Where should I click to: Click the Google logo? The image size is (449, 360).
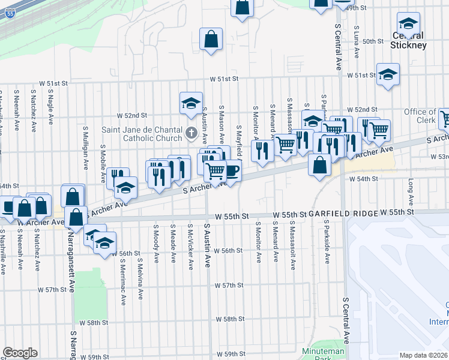coord(20,352)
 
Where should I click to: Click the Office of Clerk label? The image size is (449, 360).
coord(420,116)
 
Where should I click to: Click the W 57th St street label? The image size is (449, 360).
coord(229,285)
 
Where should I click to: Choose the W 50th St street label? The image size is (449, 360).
coord(373,41)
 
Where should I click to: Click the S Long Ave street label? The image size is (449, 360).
coord(412,191)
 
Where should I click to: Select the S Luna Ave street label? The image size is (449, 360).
coord(357,41)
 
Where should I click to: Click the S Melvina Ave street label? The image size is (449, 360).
coord(140,281)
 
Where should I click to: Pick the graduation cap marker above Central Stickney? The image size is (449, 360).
coord(408,24)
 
